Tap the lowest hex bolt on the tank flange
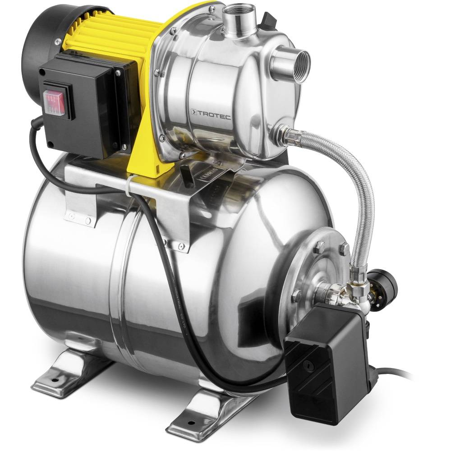coord(296,296)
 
